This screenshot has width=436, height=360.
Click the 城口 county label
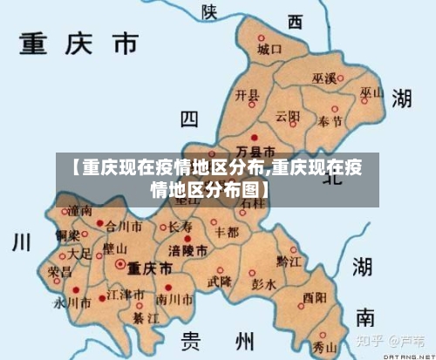click(x=269, y=51)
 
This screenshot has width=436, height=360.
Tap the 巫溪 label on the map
click(x=326, y=79)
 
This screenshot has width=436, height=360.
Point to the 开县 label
click(x=248, y=95)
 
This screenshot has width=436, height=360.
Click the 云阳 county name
click(x=288, y=116)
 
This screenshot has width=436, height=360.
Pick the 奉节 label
click(x=330, y=121)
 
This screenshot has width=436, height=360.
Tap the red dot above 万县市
click(x=254, y=138)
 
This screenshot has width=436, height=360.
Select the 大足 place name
click(x=79, y=254)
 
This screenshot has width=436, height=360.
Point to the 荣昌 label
click(x=60, y=271)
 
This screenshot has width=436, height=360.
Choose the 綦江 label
click(x=144, y=318)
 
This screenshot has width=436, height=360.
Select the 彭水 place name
click(x=262, y=284)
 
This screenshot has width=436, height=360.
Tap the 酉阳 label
click(x=315, y=297)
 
